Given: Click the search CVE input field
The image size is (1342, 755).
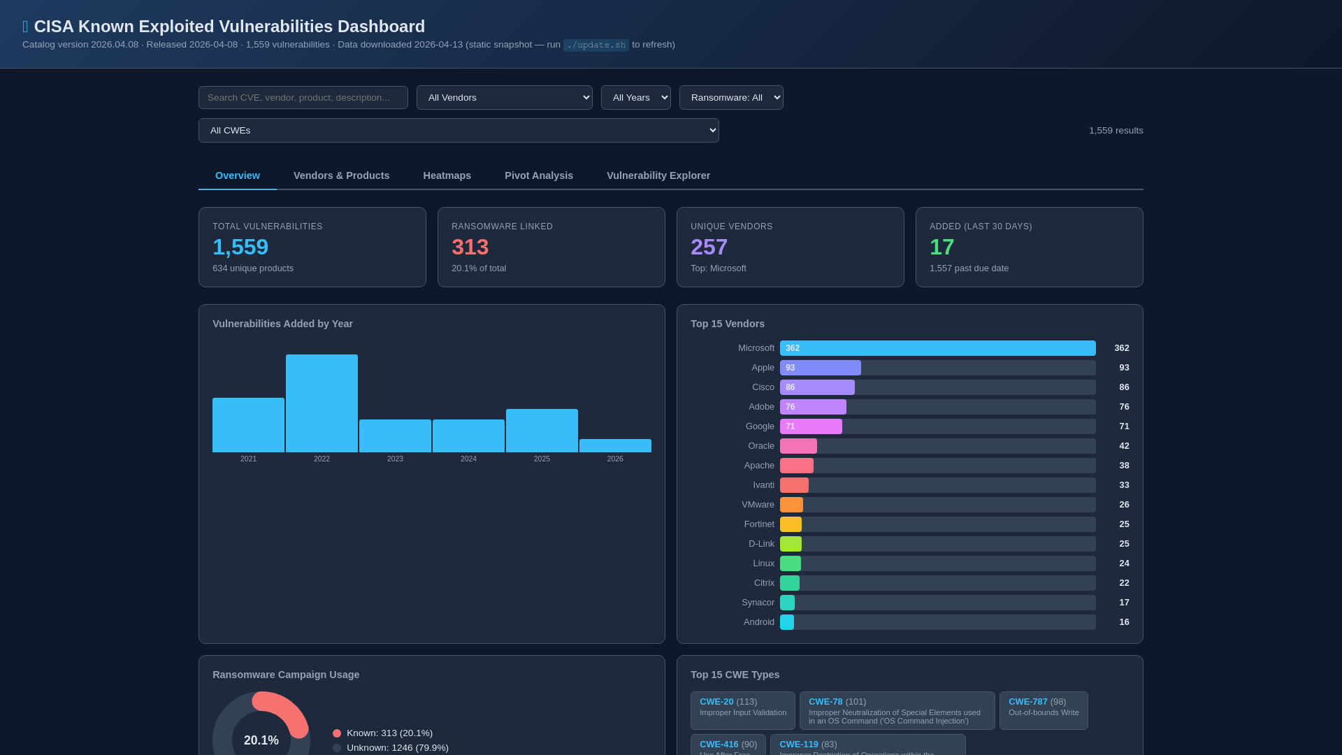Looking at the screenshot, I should pos(303,98).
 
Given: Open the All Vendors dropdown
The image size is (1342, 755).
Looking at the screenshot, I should pos(504,98).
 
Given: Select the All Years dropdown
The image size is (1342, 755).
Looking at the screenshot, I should pos(635,98).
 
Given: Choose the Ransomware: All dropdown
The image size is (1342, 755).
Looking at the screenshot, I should pos(730,98).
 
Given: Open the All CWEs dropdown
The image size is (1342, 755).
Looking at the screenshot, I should pos(459,131).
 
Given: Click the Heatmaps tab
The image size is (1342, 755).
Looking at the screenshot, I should pos(447,175).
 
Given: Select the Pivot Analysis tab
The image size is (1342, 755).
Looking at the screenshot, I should pos(538,175).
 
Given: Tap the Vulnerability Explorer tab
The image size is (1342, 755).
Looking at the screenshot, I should pos(658,175).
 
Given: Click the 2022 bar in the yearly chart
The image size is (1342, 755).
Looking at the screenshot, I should pos(322,403).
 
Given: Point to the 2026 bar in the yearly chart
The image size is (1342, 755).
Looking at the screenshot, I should pos(615,446).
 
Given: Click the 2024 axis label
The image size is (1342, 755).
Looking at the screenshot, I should pos(468,459).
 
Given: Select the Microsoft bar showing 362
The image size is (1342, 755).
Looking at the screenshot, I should pos(937,348).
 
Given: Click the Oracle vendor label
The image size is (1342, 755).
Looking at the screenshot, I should pos(760,446).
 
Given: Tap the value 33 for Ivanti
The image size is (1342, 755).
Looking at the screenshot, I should pos(1123,485).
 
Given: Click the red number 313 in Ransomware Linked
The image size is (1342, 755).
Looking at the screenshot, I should pos(470,247).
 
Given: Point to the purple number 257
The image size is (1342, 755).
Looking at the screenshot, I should pos(709,247).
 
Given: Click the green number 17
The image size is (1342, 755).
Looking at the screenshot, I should pos(941,247).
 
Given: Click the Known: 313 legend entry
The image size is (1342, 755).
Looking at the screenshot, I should pos(389,733).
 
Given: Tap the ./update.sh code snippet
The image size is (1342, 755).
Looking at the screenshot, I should pos(596,45).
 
